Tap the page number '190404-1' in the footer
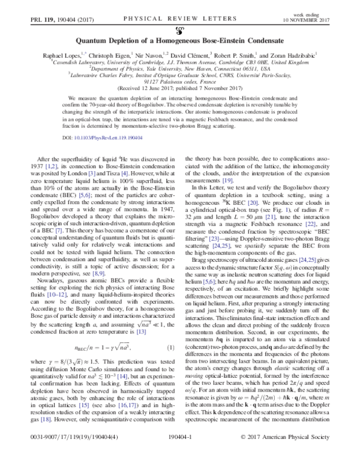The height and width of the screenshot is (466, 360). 180,455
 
